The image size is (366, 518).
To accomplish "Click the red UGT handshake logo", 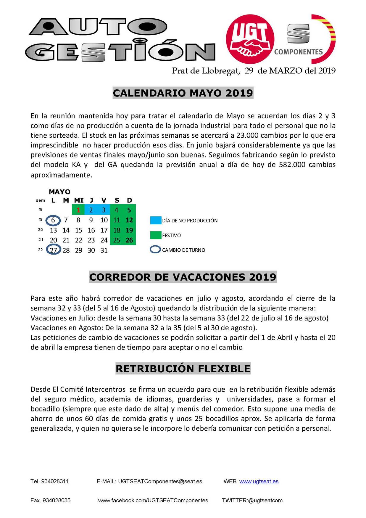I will [x=250, y=39].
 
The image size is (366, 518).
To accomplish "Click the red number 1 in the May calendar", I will [x=78, y=210].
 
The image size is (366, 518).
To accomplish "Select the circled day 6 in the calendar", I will [x=53, y=220].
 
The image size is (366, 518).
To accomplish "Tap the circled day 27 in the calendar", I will [x=53, y=250].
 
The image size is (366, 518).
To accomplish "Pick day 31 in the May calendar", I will [x=104, y=250].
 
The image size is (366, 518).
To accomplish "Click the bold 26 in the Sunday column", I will [x=129, y=240].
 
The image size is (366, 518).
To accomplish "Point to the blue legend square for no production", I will [x=156, y=221].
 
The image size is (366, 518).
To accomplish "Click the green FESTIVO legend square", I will [x=156, y=235].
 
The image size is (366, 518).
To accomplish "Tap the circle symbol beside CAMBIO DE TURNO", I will [x=155, y=250].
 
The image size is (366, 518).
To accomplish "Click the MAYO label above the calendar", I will [x=59, y=192].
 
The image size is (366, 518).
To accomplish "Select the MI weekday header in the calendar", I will [x=79, y=200].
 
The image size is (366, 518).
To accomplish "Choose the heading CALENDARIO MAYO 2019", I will [x=183, y=93].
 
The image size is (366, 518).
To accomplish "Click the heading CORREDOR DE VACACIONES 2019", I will [x=183, y=277].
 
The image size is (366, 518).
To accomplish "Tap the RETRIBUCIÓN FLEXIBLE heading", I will [x=183, y=369].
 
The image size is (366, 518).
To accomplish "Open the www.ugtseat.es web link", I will [x=259, y=481].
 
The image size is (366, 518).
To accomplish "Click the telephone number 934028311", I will [x=55, y=481].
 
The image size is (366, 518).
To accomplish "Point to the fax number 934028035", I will [x=57, y=500].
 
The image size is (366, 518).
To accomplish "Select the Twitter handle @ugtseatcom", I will [x=265, y=500].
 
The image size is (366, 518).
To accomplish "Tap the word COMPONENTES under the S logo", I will [x=298, y=52].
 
